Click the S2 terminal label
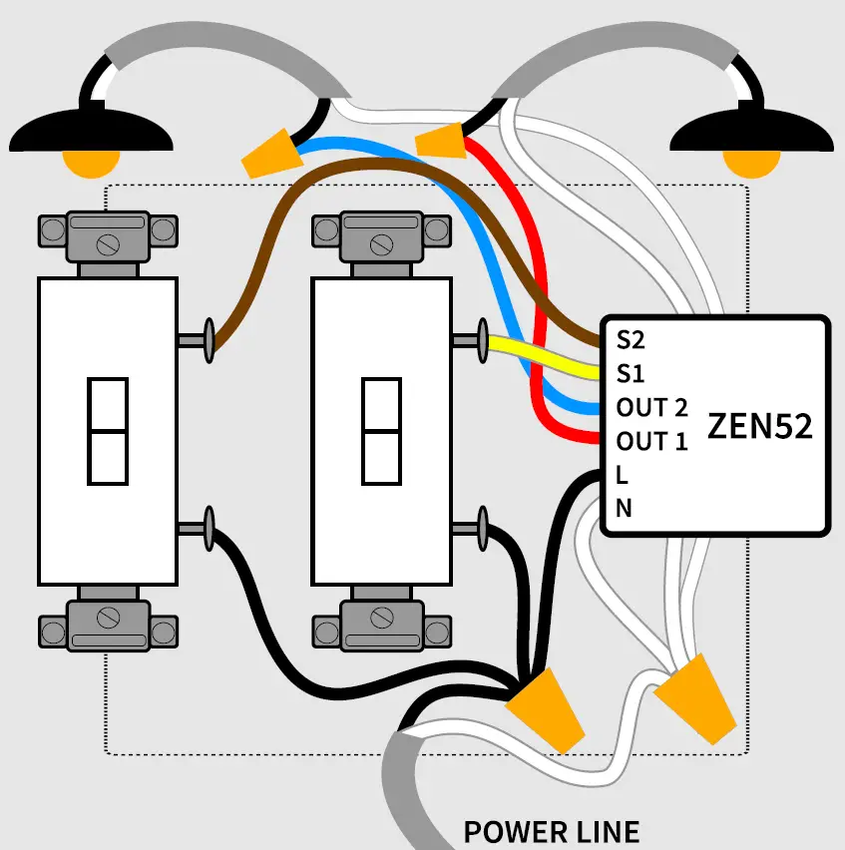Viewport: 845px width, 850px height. (x=631, y=340)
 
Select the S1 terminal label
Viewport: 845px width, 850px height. (x=631, y=373)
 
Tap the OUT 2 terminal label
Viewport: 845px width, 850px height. (x=652, y=407)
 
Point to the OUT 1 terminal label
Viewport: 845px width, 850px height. (x=652, y=440)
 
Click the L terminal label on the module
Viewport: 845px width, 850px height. (x=622, y=474)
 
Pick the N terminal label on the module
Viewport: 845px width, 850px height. (x=624, y=508)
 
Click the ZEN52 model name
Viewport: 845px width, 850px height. (x=759, y=426)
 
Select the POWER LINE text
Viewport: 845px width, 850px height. (x=551, y=831)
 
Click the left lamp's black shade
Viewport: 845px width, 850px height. (x=90, y=129)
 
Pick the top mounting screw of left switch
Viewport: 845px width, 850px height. (x=107, y=241)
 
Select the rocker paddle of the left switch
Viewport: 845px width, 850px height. (x=107, y=431)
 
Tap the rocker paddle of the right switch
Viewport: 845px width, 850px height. (x=381, y=431)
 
